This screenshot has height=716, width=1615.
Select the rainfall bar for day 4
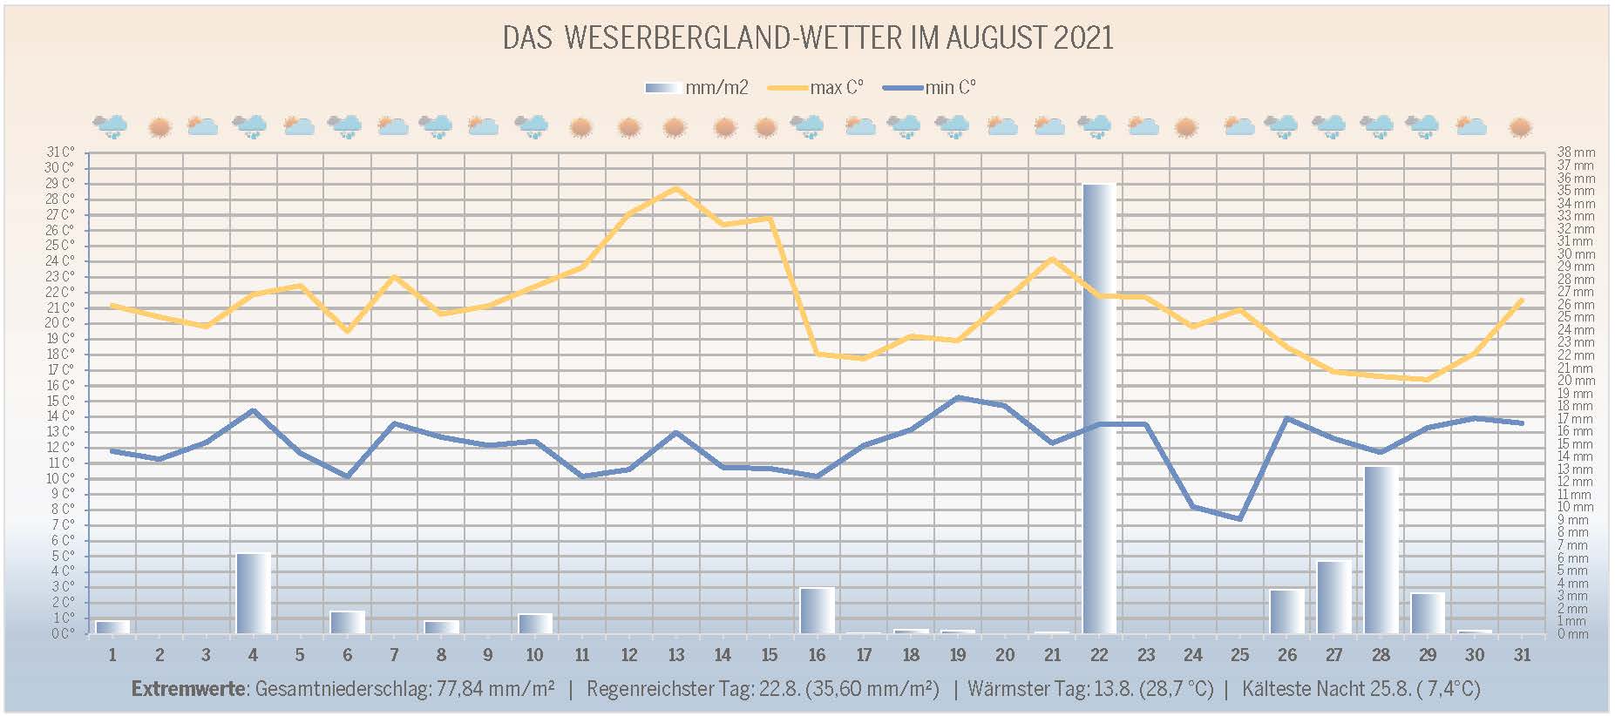[253, 592]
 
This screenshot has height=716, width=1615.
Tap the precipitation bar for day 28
[1381, 550]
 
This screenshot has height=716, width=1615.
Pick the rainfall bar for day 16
[817, 610]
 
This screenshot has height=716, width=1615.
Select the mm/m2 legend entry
[696, 88]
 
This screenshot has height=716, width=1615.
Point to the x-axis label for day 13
[676, 655]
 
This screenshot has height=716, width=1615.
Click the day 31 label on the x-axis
[1522, 655]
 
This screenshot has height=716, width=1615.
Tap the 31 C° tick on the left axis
[60, 152]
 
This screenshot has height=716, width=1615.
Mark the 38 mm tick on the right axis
[1576, 152]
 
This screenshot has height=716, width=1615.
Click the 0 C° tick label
[62, 634]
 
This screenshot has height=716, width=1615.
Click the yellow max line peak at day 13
[676, 188]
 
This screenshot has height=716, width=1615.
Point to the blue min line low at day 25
[1239, 518]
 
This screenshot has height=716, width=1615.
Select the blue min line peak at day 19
[958, 397]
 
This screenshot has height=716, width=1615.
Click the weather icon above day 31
[1521, 127]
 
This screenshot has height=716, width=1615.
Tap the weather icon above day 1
[111, 127]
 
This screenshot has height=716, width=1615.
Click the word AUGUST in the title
[996, 38]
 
